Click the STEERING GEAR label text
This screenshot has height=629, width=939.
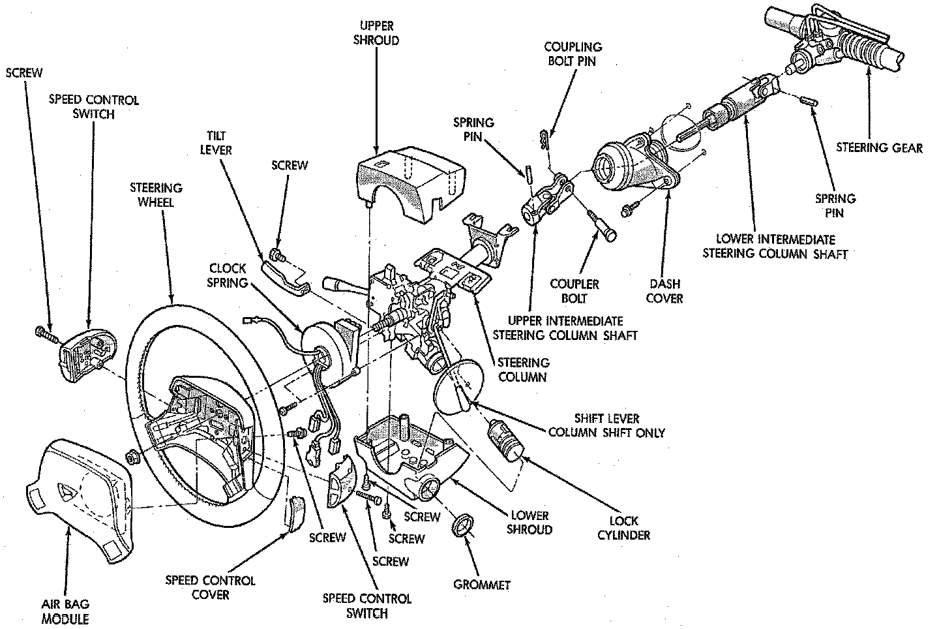pyautogui.click(x=879, y=147)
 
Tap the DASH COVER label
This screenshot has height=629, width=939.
pyautogui.click(x=665, y=291)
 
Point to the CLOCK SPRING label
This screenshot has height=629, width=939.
pyautogui.click(x=228, y=275)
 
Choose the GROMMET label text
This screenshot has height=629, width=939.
pyautogui.click(x=482, y=585)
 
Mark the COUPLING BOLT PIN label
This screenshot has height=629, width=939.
pyautogui.click(x=574, y=54)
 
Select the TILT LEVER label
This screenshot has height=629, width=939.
pyautogui.click(x=221, y=143)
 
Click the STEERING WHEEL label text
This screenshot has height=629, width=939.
pyautogui.click(x=156, y=194)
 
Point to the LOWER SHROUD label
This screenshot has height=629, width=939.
pyautogui.click(x=530, y=522)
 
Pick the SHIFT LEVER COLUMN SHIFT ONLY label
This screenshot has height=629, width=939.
pyautogui.click(x=606, y=425)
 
